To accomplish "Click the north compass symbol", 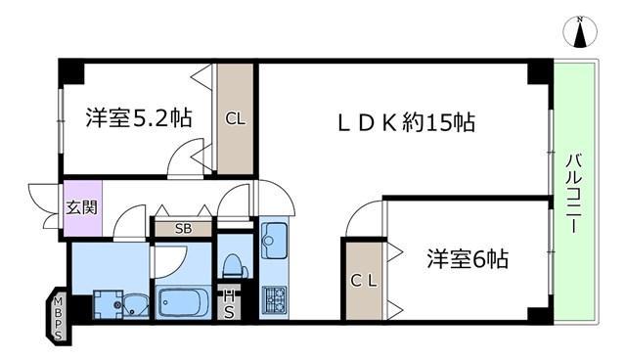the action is coord(580,31).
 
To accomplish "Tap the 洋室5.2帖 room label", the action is coord(139,117).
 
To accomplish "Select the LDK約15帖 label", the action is coord(407,122).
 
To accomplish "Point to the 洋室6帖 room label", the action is coord(468,258).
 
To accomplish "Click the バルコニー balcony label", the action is coord(574,193).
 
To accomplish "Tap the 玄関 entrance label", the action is coord(81,207).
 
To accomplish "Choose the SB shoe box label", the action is coord(183,229).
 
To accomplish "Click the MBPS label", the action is coord(59,318).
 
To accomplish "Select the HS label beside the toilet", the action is coord(229,304).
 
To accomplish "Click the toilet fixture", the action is coord(235,265).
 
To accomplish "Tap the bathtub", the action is coord(183,302).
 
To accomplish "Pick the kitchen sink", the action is coord(274,241).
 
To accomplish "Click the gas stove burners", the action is coord(274,300).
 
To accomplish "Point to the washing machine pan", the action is coord(109,304).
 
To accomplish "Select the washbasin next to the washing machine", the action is coord(136,306).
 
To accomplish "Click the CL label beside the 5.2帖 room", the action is coord(235,118).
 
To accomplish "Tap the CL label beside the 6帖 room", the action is coord(364,281).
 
